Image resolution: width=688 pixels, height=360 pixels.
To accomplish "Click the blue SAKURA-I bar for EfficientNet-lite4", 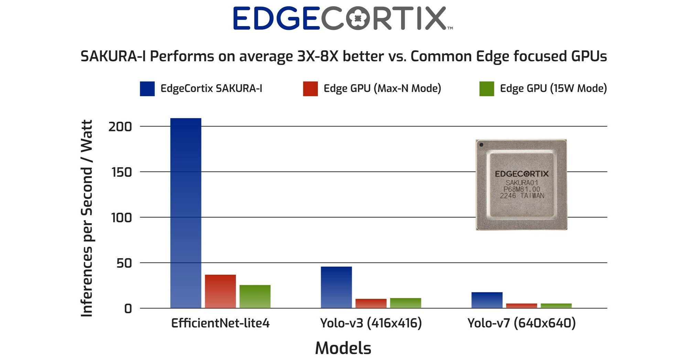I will coord(186,213).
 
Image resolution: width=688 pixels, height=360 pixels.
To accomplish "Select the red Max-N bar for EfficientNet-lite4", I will coord(220,291).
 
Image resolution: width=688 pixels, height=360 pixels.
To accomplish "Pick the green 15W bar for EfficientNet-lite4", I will coord(255,296).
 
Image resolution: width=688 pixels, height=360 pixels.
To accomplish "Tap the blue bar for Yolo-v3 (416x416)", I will coord(336,287).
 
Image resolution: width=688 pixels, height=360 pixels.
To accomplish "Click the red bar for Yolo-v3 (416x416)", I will coord(371,303).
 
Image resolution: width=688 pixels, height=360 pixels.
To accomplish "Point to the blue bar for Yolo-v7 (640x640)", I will coord(487,300).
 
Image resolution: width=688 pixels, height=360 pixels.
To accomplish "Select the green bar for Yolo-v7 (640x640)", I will coord(556,306).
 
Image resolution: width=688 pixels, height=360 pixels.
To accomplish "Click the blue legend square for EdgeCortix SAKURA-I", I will coord(147,89).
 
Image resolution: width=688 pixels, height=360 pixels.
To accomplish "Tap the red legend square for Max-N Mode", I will coord(310,89).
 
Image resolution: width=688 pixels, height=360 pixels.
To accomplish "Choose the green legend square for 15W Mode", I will coord(486,89).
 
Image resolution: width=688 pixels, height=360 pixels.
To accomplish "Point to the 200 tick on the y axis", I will coord(120,127).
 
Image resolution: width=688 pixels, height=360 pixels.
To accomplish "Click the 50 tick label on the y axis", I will coord(124,263).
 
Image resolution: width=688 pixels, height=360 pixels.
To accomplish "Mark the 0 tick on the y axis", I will coord(128,309).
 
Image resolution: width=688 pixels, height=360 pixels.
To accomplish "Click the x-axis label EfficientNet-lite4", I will coord(220,323).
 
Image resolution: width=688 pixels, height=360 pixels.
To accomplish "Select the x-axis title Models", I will coord(343,348).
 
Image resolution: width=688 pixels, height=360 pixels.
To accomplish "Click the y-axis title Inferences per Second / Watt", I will coord(87,218).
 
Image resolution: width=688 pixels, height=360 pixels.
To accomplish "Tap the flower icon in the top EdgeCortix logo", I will coord(358,19).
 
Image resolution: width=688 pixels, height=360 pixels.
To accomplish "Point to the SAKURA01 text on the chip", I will coord(522,183).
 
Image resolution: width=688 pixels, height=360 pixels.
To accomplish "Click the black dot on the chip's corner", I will coord(481,145).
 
